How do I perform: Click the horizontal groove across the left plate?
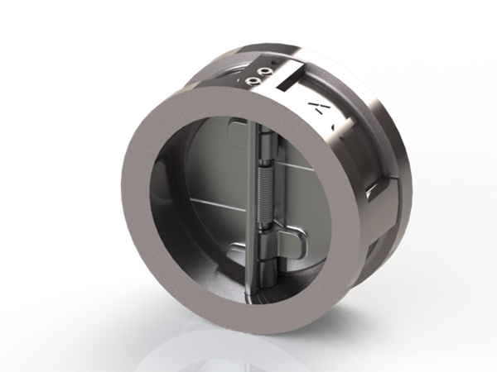click(x=207, y=201)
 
